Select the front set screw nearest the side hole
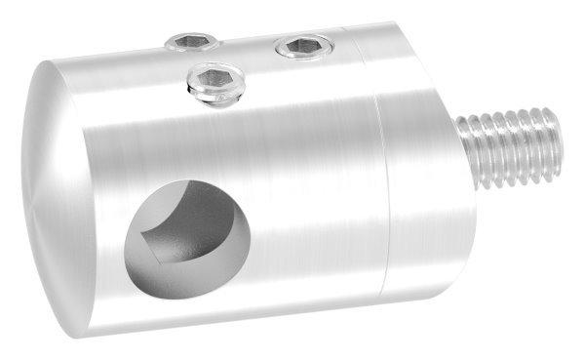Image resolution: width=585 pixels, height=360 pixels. coord(214,81)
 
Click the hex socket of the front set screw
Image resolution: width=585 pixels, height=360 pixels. coord(215,78)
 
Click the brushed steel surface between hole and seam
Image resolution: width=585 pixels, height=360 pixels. coord(312,215)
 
